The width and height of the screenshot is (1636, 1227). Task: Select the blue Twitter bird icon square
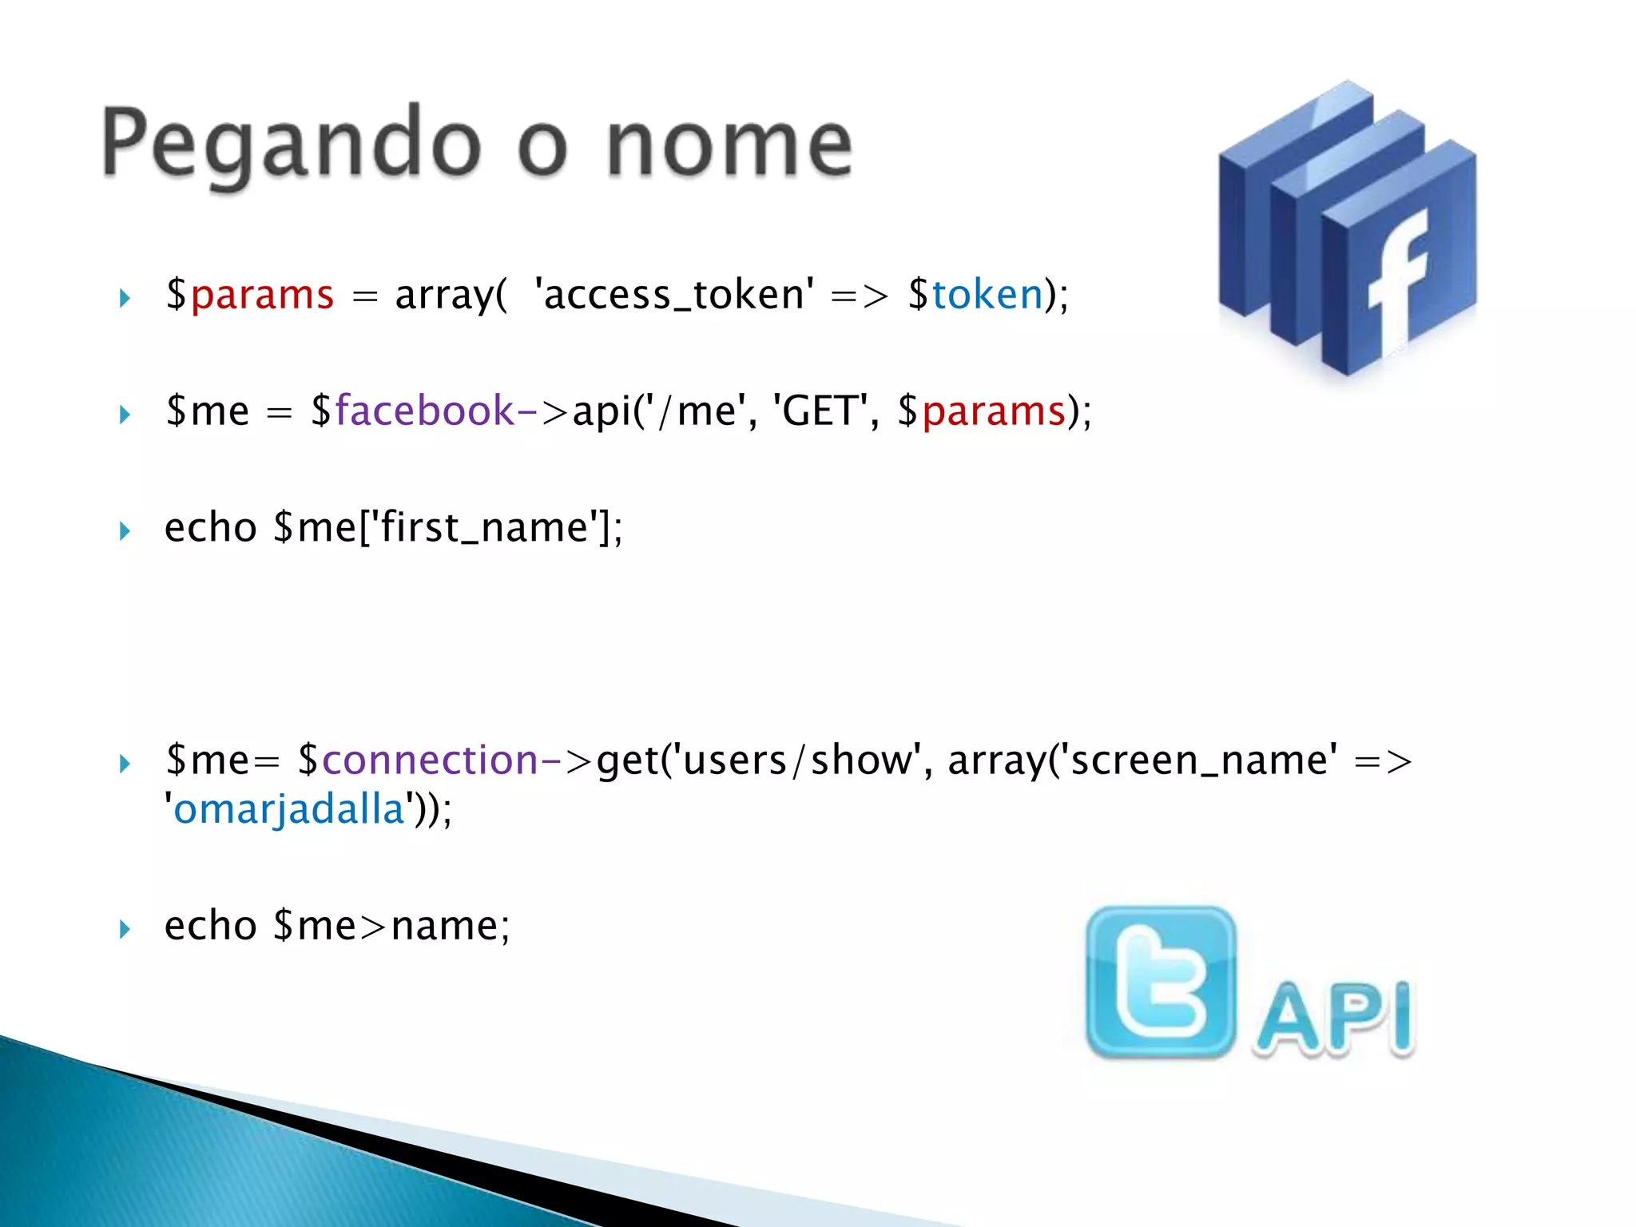(1161, 982)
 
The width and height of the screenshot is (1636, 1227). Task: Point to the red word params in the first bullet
(261, 295)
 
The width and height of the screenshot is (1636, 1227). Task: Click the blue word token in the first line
(987, 295)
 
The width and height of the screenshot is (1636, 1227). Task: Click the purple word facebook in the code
(424, 411)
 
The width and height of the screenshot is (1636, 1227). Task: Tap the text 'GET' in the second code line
(820, 411)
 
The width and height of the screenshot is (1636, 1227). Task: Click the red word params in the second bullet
(994, 411)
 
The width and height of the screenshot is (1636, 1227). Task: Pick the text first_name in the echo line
(484, 528)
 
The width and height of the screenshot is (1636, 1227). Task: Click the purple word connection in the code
(430, 760)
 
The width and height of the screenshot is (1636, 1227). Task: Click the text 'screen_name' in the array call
(1203, 760)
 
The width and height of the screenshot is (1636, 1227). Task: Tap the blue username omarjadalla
(289, 810)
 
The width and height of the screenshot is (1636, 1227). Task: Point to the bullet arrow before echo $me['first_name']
(125, 531)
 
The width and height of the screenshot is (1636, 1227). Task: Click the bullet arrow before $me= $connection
(125, 764)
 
